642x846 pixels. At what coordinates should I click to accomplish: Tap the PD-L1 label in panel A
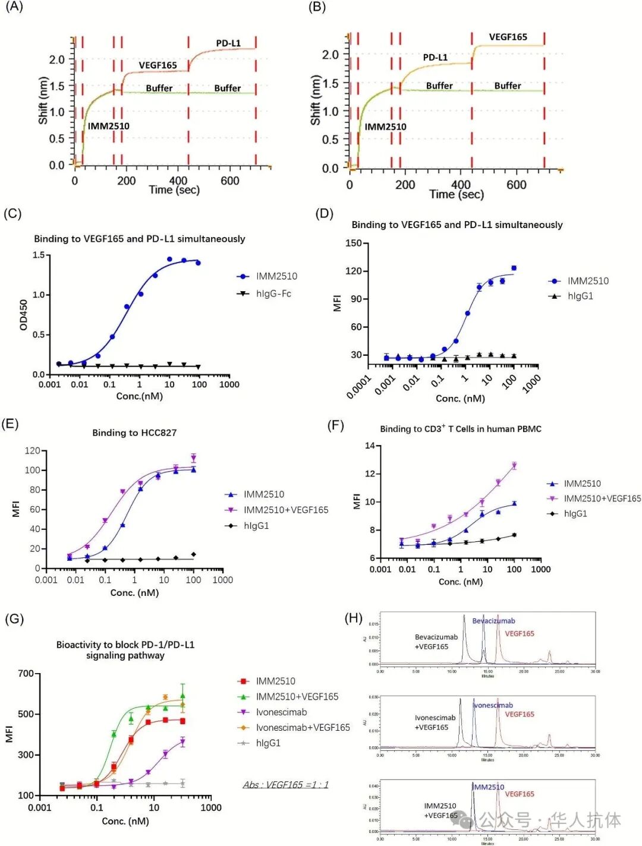[x=228, y=43]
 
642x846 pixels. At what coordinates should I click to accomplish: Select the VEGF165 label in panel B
[x=508, y=37]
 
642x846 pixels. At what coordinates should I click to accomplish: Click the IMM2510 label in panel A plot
[x=108, y=126]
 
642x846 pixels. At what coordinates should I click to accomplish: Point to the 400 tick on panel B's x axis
[x=461, y=184]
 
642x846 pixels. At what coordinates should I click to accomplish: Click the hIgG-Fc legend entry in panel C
[x=273, y=293]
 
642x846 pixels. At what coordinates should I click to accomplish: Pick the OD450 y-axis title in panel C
[x=24, y=314]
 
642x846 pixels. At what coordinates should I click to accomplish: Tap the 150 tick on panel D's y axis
[x=353, y=243]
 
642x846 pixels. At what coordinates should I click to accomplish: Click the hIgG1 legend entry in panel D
[x=580, y=296]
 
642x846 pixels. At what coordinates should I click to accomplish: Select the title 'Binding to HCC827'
[x=134, y=433]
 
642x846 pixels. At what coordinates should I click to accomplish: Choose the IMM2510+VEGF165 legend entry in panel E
[x=285, y=510]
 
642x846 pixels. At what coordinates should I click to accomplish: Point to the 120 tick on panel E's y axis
[x=32, y=451]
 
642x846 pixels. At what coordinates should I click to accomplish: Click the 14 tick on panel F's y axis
[x=370, y=446]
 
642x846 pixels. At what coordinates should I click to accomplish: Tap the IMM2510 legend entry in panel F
[x=582, y=484]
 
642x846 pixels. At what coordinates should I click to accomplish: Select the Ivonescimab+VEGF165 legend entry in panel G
[x=303, y=727]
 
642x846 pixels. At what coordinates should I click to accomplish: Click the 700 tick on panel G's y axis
[x=26, y=673]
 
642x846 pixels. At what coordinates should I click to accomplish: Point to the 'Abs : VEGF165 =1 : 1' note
[x=285, y=785]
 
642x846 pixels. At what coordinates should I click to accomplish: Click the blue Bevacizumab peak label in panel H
[x=493, y=621]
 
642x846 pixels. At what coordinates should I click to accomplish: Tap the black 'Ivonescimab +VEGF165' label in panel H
[x=435, y=722]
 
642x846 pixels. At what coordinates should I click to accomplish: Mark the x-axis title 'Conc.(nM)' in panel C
[x=139, y=396]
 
